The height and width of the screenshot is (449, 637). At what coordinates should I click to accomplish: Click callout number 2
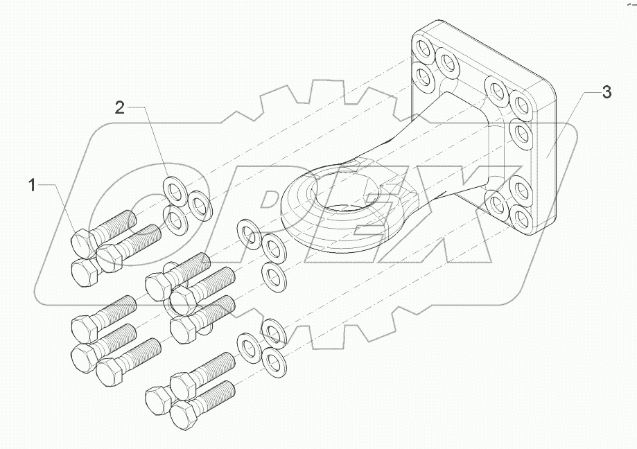coord(120,107)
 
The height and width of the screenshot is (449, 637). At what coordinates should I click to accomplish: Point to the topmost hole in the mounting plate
coord(422,48)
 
